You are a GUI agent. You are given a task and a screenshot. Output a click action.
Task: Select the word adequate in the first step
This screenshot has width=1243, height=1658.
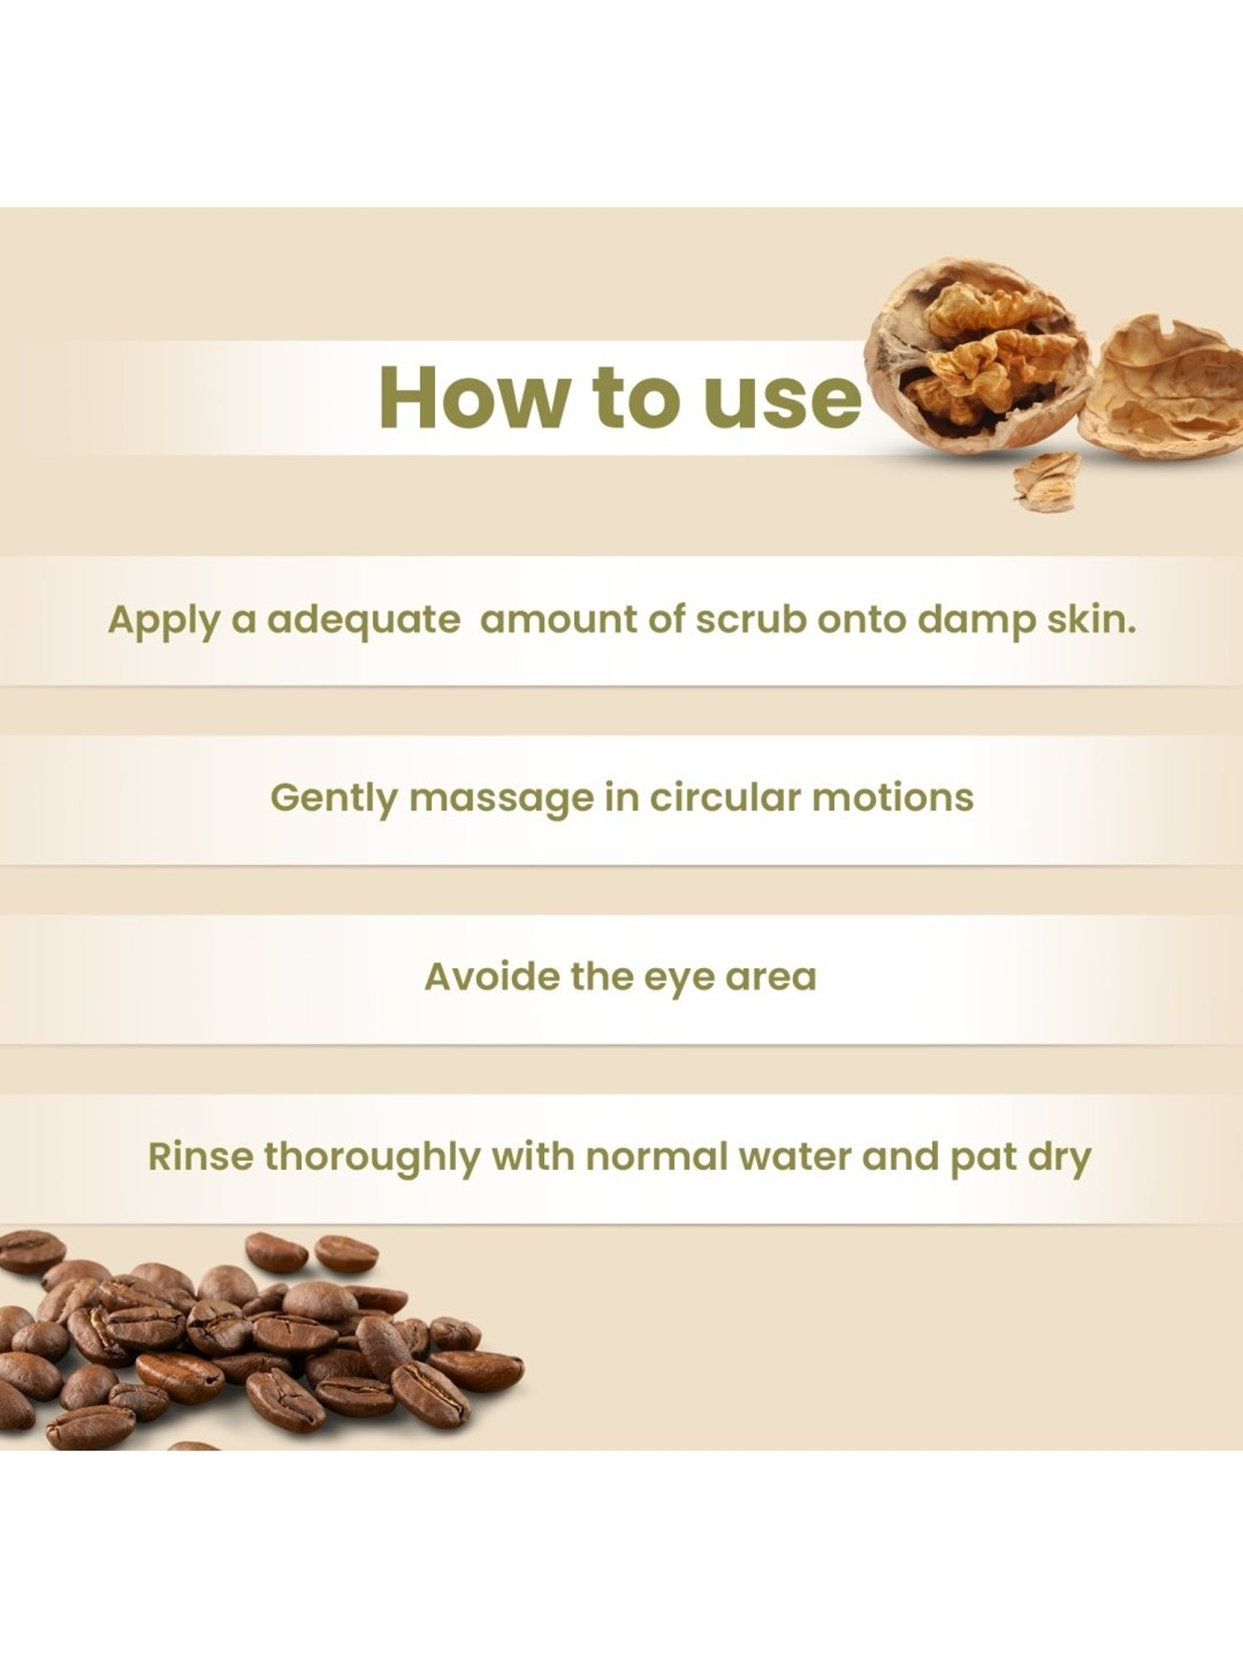pos(363,620)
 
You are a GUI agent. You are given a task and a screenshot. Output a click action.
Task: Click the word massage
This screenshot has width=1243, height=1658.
pos(502,799)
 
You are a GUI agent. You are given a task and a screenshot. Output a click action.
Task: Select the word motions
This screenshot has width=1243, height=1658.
pos(892,797)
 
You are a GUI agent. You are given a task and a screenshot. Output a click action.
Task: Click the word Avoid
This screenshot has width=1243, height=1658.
pos(491,977)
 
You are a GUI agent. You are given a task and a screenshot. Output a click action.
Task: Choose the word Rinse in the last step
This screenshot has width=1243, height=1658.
pos(201,1156)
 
